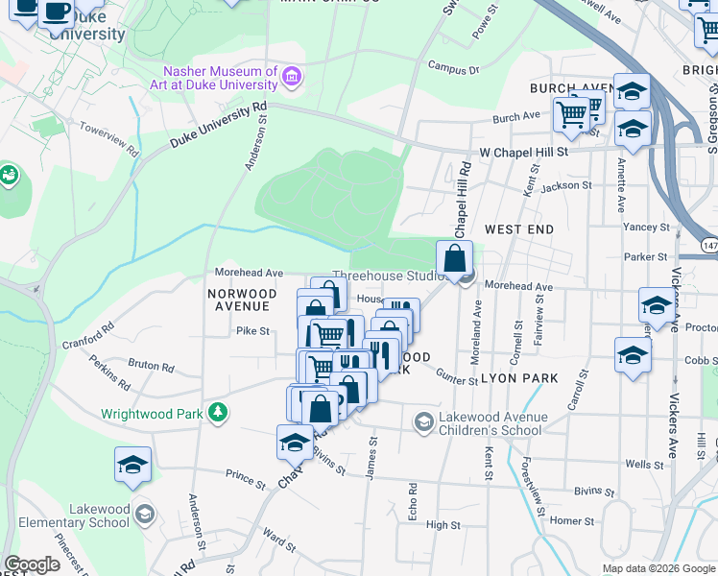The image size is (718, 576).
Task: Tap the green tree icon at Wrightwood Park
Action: click(x=220, y=413)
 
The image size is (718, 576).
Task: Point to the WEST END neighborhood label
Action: click(x=518, y=229)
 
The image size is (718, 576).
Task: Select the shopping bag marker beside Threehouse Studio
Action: click(x=455, y=259)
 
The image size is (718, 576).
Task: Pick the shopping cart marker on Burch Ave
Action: click(x=572, y=114)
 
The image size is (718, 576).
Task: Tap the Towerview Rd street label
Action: click(x=108, y=139)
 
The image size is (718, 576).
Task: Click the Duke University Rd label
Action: click(x=218, y=126)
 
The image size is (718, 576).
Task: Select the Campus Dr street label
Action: click(x=453, y=70)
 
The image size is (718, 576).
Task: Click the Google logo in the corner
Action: click(x=33, y=564)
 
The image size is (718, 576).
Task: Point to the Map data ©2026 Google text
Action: click(x=658, y=568)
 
